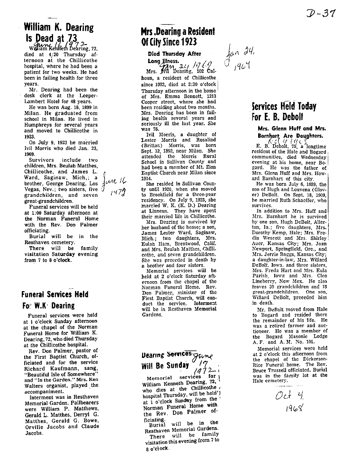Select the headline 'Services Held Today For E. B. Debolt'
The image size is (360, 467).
[x=284, y=111]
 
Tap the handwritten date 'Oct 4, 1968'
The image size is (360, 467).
[x=290, y=400]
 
